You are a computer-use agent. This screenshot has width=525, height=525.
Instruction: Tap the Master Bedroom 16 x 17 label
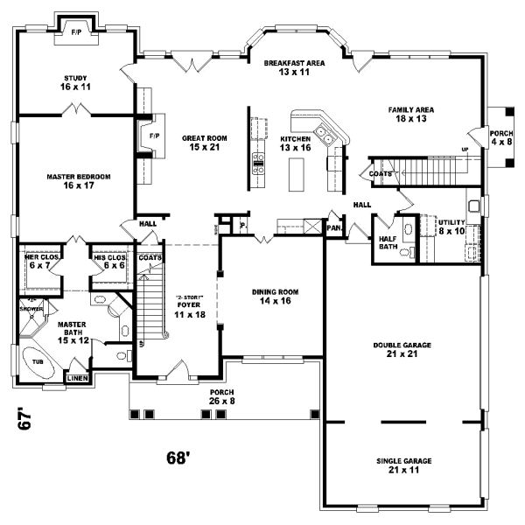(79, 181)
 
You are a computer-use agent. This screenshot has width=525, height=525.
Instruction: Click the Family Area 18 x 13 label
(412, 115)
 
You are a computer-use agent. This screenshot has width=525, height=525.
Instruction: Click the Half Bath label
(388, 241)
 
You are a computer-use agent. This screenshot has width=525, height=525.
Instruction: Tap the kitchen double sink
(324, 135)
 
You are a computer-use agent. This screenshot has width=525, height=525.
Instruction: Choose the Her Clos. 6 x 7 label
(41, 261)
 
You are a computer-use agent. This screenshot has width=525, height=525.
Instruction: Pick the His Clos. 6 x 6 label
(111, 261)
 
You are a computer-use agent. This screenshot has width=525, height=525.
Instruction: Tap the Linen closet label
(77, 378)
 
